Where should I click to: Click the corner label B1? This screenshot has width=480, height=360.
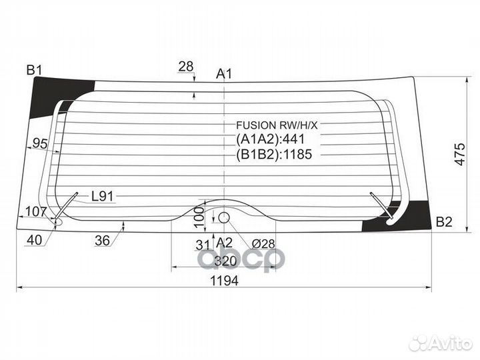click(x=34, y=71)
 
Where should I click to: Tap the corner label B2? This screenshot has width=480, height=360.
click(x=444, y=221)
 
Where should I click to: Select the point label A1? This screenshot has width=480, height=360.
click(x=224, y=74)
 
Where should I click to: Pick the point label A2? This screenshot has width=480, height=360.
click(x=225, y=243)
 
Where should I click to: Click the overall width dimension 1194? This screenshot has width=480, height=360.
click(x=225, y=281)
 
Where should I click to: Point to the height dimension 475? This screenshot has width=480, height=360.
click(x=459, y=154)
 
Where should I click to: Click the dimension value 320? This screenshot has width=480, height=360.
click(x=225, y=261)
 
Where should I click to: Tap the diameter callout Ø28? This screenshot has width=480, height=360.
click(x=263, y=244)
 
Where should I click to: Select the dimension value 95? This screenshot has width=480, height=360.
click(x=40, y=143)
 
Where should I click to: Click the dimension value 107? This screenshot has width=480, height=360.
click(x=36, y=211)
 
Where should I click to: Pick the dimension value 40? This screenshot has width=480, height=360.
click(x=34, y=240)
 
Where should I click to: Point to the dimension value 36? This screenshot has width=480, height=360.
click(x=102, y=241)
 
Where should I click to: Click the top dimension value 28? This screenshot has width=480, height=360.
click(x=186, y=67)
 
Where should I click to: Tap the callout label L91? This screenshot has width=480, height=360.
click(x=103, y=196)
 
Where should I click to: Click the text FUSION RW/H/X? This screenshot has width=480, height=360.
click(x=277, y=125)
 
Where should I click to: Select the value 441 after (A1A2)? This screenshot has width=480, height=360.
click(x=294, y=139)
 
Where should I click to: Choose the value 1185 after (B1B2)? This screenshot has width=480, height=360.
click(x=298, y=154)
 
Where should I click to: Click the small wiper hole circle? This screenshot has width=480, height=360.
click(x=224, y=217)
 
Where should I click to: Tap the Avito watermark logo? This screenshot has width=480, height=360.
click(x=442, y=343)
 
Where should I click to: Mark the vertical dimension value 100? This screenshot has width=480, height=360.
click(x=199, y=217)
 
